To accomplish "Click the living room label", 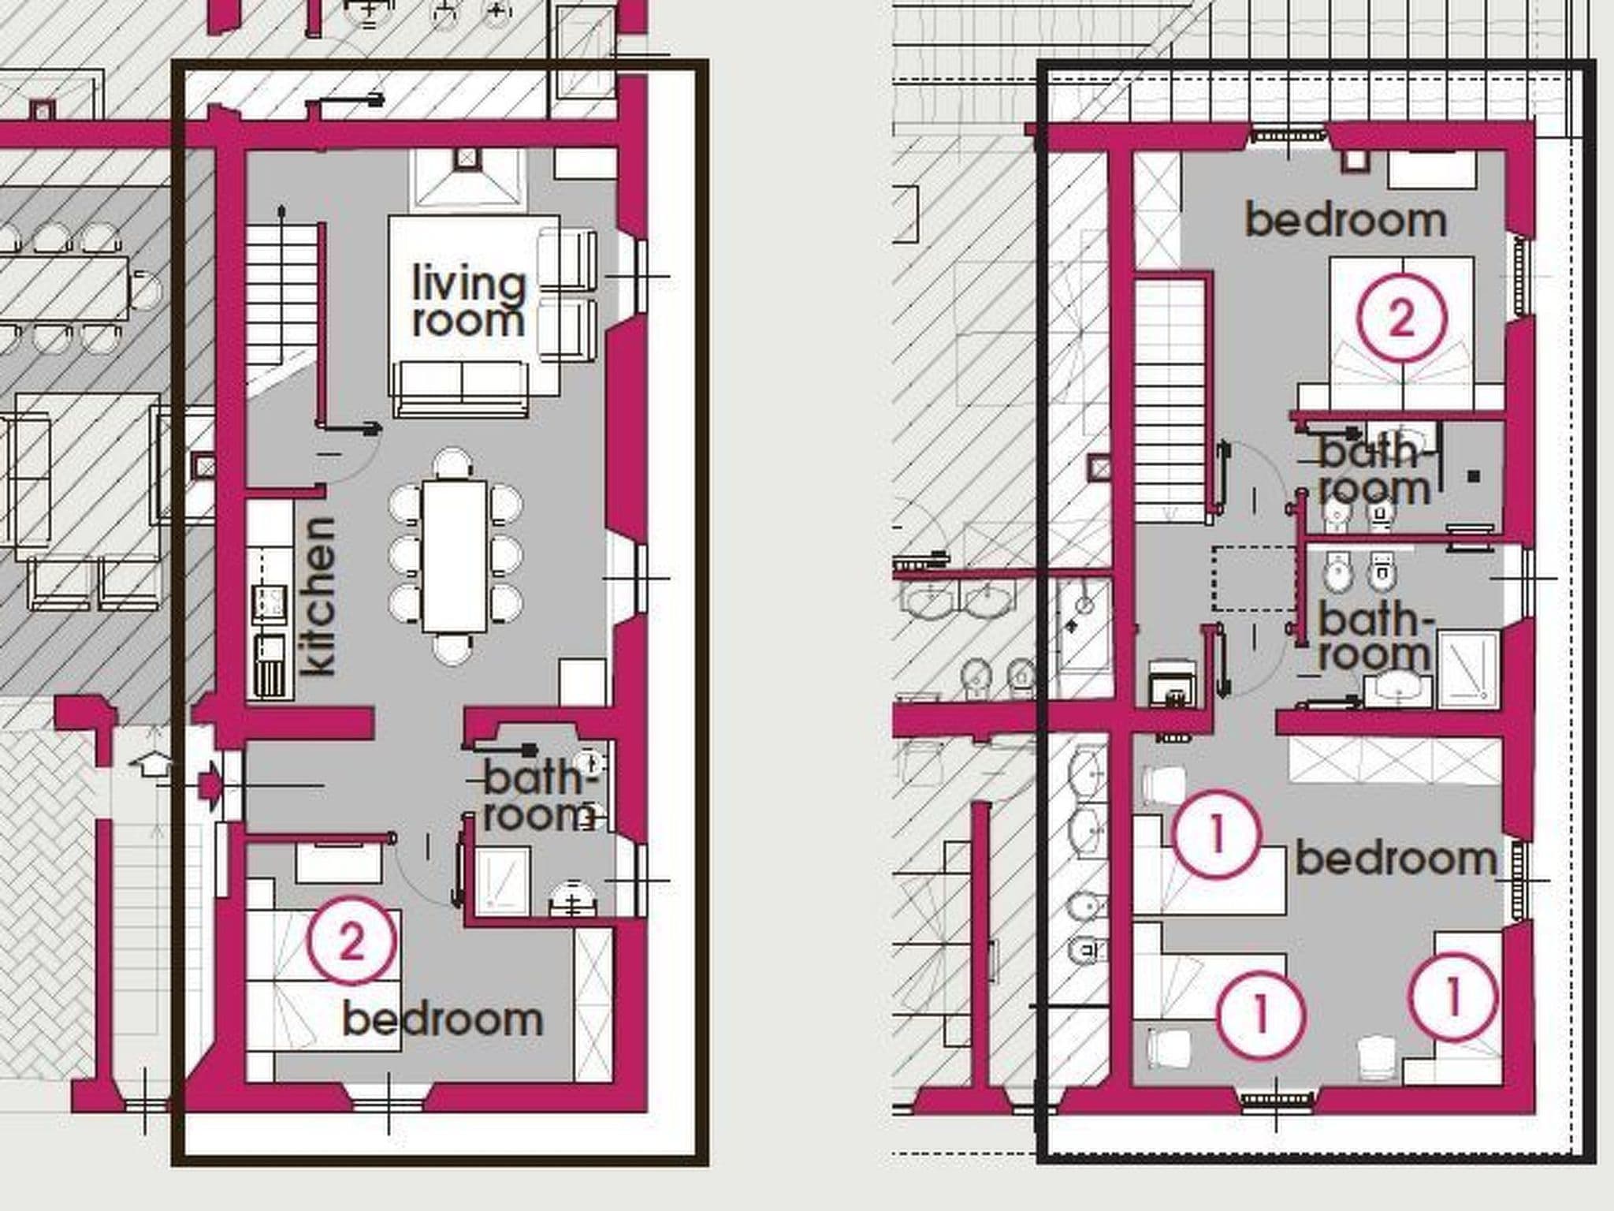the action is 469,303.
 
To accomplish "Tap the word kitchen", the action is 319,596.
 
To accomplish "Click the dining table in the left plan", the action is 455,557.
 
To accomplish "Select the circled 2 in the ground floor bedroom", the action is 351,941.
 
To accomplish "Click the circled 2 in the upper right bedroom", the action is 1401,318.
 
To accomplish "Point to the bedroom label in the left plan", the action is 443,1020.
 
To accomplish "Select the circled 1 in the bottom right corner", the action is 1452,997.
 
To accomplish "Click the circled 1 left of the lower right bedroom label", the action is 1216,834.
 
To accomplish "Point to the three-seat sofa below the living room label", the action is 463,388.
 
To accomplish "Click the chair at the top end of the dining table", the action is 454,464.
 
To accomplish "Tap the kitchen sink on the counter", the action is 269,604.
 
